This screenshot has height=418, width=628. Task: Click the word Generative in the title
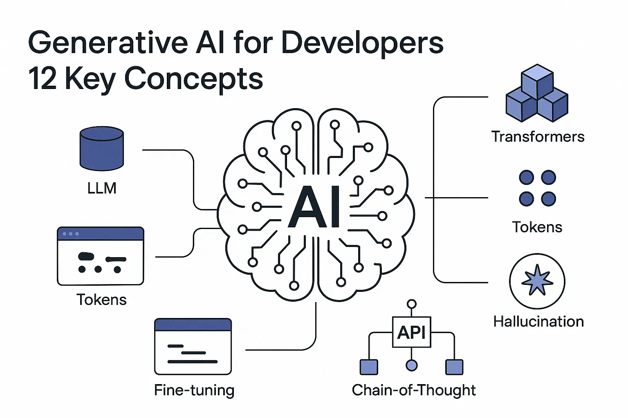pyautogui.click(x=108, y=43)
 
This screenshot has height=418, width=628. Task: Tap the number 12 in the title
pyautogui.click(x=43, y=78)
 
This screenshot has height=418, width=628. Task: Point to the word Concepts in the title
pyautogui.click(x=193, y=80)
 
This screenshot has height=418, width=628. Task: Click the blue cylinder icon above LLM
pyautogui.click(x=101, y=148)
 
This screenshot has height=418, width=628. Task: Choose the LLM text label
pyautogui.click(x=101, y=188)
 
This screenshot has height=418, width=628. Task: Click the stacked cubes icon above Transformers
pyautogui.click(x=537, y=93)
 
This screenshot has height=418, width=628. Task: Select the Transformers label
pyautogui.click(x=538, y=137)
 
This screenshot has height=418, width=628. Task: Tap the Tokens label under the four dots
pyautogui.click(x=537, y=227)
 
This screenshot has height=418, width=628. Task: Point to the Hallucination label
pyautogui.click(x=538, y=321)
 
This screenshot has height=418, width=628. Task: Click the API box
pyautogui.click(x=412, y=332)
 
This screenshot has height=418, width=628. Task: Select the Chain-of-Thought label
pyautogui.click(x=414, y=390)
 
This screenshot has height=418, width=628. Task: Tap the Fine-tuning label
pyautogui.click(x=194, y=390)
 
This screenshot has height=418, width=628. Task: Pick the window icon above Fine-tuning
pyautogui.click(x=193, y=346)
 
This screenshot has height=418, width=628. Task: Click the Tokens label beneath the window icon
pyautogui.click(x=101, y=300)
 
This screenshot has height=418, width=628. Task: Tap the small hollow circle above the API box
pyautogui.click(x=412, y=304)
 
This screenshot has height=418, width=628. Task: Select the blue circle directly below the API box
pyautogui.click(x=412, y=365)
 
